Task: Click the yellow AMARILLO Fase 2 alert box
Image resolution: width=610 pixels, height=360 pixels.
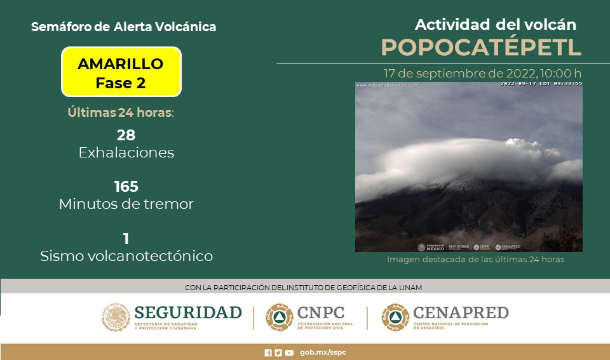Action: pos(121,72)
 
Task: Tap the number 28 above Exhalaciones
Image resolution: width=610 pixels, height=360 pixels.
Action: pos(126,135)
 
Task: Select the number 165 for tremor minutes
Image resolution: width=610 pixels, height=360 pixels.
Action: pos(126,187)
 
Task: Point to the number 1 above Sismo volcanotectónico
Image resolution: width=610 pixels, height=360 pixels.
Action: pos(126,239)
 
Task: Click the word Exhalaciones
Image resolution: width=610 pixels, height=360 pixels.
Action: pos(126,153)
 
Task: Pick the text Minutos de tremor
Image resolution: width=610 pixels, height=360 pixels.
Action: pos(126,204)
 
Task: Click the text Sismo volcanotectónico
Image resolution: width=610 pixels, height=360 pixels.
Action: pos(126,257)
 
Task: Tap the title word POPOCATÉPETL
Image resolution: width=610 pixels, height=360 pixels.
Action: pos(481,48)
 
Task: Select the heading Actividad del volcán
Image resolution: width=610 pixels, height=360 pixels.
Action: pos(495,25)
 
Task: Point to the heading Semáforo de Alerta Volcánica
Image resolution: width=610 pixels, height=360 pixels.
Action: pos(123,27)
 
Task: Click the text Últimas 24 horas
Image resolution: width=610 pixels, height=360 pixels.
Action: pos(120,113)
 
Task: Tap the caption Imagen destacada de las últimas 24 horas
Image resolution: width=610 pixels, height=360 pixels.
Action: pos(475,259)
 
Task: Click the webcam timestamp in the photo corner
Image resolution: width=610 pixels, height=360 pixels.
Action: pos(541,84)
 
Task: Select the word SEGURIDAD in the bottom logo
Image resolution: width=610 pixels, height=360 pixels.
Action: pos(188,312)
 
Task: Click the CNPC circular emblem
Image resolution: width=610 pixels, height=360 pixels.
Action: pos(279,317)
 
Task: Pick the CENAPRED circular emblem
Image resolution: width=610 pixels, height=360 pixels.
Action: pos(395,317)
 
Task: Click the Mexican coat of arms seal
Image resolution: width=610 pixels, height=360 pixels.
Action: pos(116,317)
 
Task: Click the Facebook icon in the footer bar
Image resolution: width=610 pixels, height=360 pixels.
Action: pos(268,352)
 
